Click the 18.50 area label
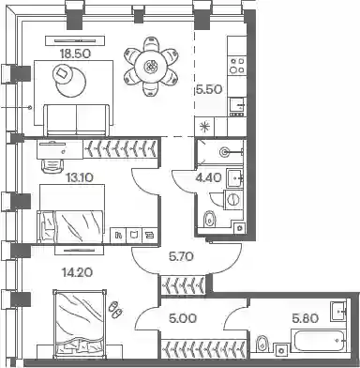[76, 54]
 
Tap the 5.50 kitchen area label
[209, 90]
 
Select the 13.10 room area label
[80, 178]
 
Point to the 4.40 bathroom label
[209, 177]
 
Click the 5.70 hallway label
[181, 257]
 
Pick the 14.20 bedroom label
[77, 272]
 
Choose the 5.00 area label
[183, 319]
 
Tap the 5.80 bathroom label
[306, 319]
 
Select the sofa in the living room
[77, 120]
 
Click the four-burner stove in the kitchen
[236, 65]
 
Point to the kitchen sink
[236, 105]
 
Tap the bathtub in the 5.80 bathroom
[319, 341]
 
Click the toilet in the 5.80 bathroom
[262, 344]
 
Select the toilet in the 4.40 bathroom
[209, 219]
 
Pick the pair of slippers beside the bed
[115, 310]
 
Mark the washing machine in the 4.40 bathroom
[233, 199]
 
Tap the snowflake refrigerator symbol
[204, 127]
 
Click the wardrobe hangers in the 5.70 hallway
[183, 284]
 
